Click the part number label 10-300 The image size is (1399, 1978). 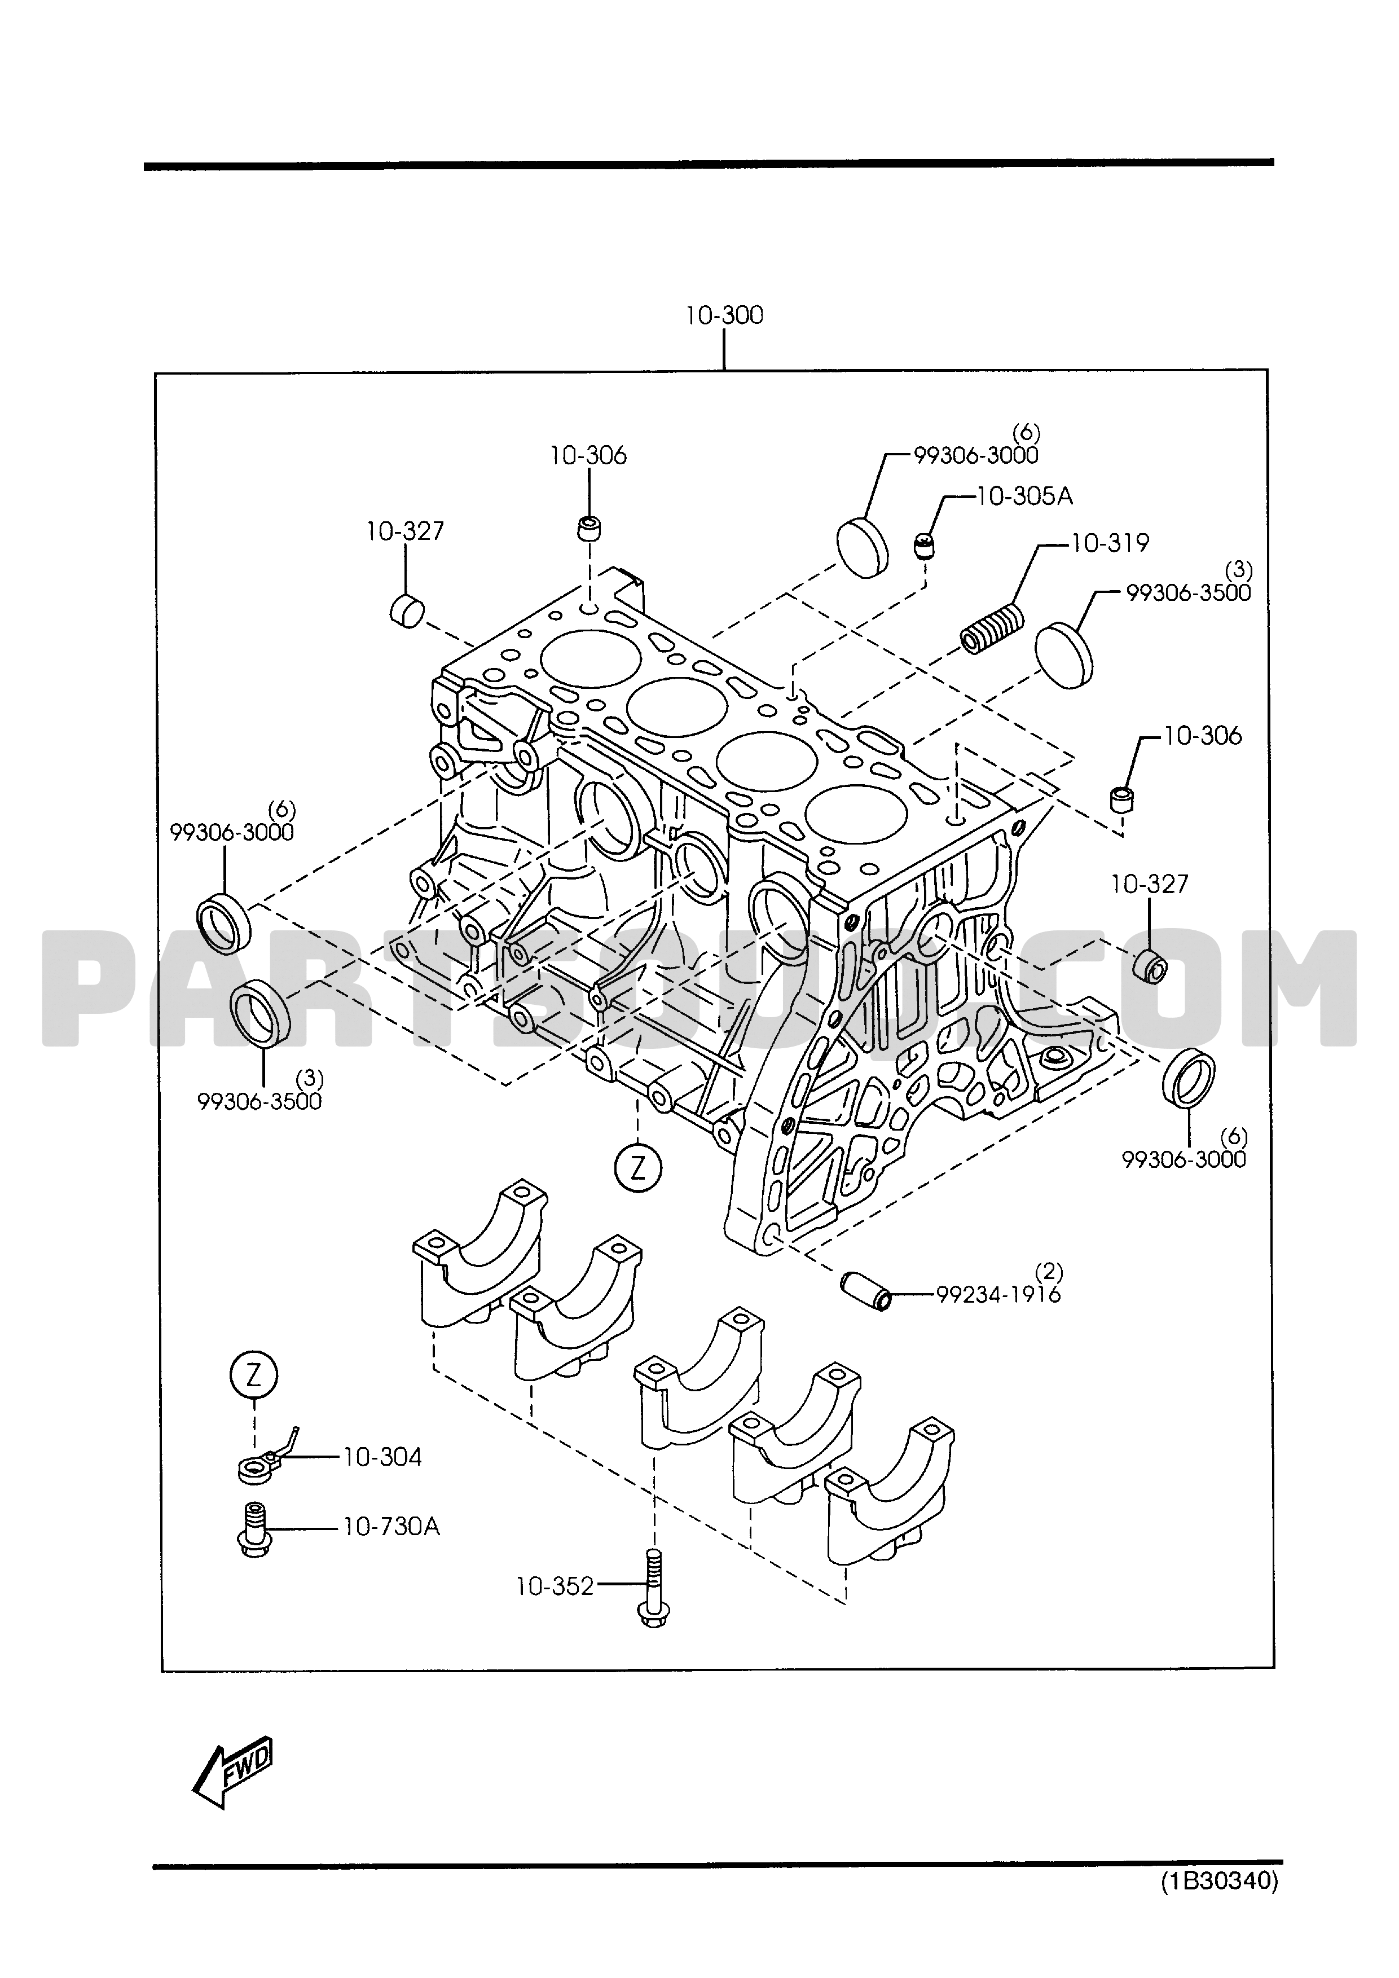click(x=724, y=315)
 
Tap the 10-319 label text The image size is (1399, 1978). click(x=1110, y=544)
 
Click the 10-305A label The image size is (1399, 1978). click(x=1024, y=496)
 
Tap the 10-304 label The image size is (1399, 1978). click(x=382, y=1457)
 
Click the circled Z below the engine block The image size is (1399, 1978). click(x=637, y=1167)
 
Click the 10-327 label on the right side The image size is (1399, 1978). click(x=1149, y=884)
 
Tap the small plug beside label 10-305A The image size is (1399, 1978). click(x=925, y=546)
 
